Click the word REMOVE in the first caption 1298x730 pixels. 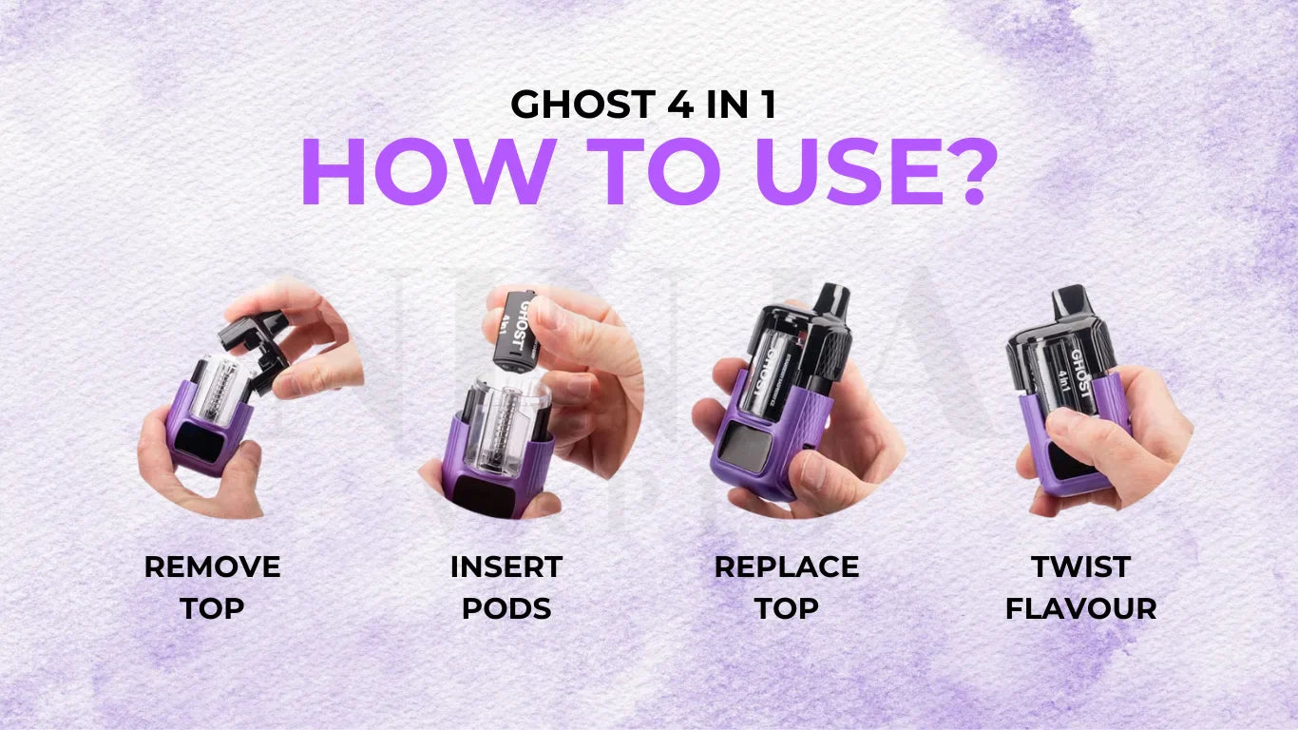pos(212,567)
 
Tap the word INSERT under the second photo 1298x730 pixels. pos(506,567)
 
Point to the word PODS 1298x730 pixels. pos(506,608)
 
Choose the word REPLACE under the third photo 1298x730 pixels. pos(786,567)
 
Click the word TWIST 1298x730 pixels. pos(1080,567)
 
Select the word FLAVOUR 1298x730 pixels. pos(1080,608)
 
